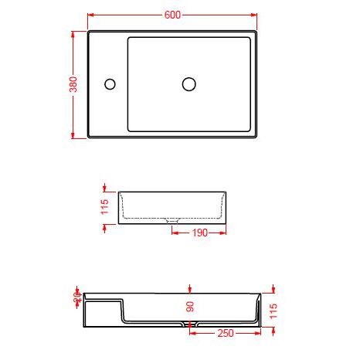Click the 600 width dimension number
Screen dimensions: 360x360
pos(172,15)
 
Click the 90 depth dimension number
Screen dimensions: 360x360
pos(191,307)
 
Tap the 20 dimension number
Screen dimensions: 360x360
pos(76,296)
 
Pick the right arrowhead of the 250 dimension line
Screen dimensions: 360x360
pos(260,334)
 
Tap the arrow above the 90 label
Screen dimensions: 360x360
pos(191,287)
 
